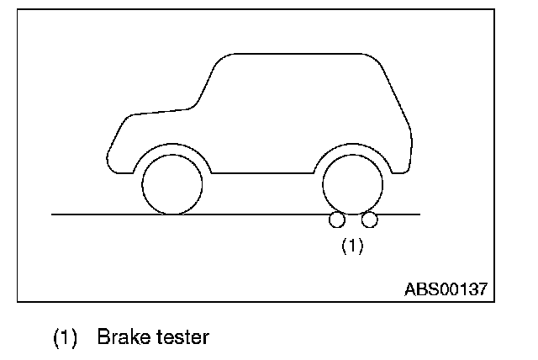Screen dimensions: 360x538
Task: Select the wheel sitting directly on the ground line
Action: click(x=172, y=184)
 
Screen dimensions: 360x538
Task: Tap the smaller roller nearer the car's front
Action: click(x=337, y=220)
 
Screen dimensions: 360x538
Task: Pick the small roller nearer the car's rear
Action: click(x=369, y=220)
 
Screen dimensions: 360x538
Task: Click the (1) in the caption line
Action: click(x=66, y=338)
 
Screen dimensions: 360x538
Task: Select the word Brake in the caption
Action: click(x=123, y=338)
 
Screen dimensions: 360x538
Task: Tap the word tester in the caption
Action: click(x=181, y=338)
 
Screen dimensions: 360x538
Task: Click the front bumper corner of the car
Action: click(x=112, y=161)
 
